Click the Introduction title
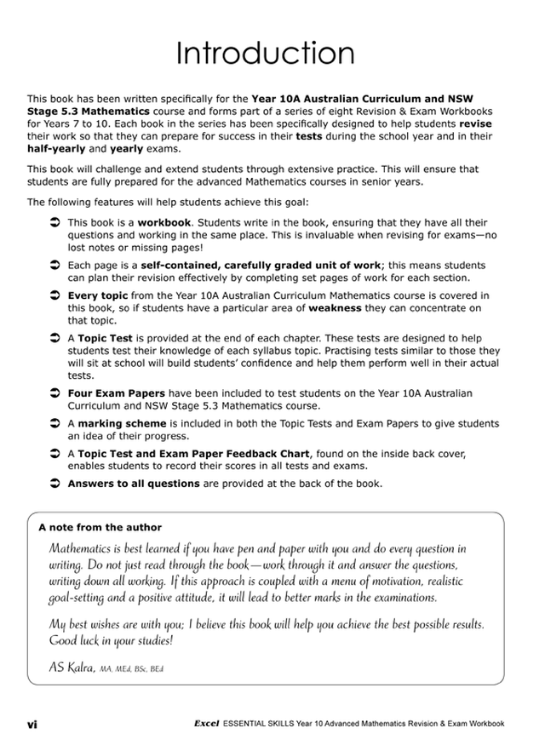pyautogui.click(x=272, y=54)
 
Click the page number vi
pyautogui.click(x=32, y=724)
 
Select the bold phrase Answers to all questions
pyautogui.click(x=133, y=484)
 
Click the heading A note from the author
pyautogui.click(x=100, y=527)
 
